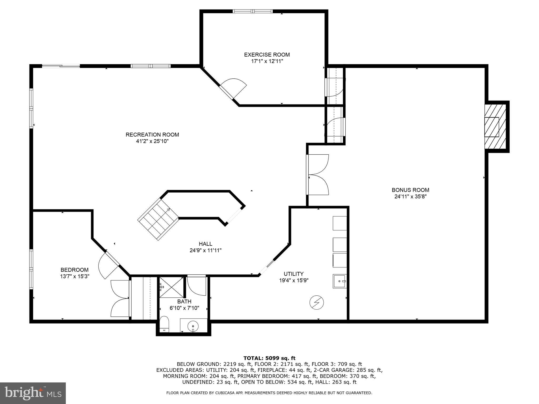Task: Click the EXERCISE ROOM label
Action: coord(267,55)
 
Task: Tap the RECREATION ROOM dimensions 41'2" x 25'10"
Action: coord(152,141)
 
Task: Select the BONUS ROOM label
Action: coord(410,190)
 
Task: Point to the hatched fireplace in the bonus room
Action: coord(495,127)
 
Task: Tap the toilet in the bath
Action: coord(164,324)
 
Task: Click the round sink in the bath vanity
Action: coord(193,326)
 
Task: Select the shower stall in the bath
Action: coord(171,287)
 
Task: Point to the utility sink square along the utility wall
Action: coord(340,281)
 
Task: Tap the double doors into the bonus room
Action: coord(318,175)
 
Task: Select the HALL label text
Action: coord(206,244)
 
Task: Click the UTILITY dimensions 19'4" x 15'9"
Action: coord(294,280)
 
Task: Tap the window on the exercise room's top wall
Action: coord(253,11)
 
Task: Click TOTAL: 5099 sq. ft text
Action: coord(269,358)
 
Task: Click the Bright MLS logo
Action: coord(33,393)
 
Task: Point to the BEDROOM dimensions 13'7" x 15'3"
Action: coord(75,276)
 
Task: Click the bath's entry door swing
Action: coord(196,286)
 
